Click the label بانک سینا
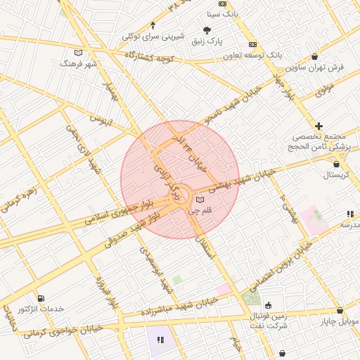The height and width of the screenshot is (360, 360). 222,14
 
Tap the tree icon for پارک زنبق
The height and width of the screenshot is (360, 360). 207,30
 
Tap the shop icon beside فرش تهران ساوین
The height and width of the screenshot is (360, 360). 314,57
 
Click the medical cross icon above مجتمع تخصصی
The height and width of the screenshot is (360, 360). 319,125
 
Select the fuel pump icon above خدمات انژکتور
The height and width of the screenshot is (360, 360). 40,298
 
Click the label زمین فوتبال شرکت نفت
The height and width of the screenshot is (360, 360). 269,321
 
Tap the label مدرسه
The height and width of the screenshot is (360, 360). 349,224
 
